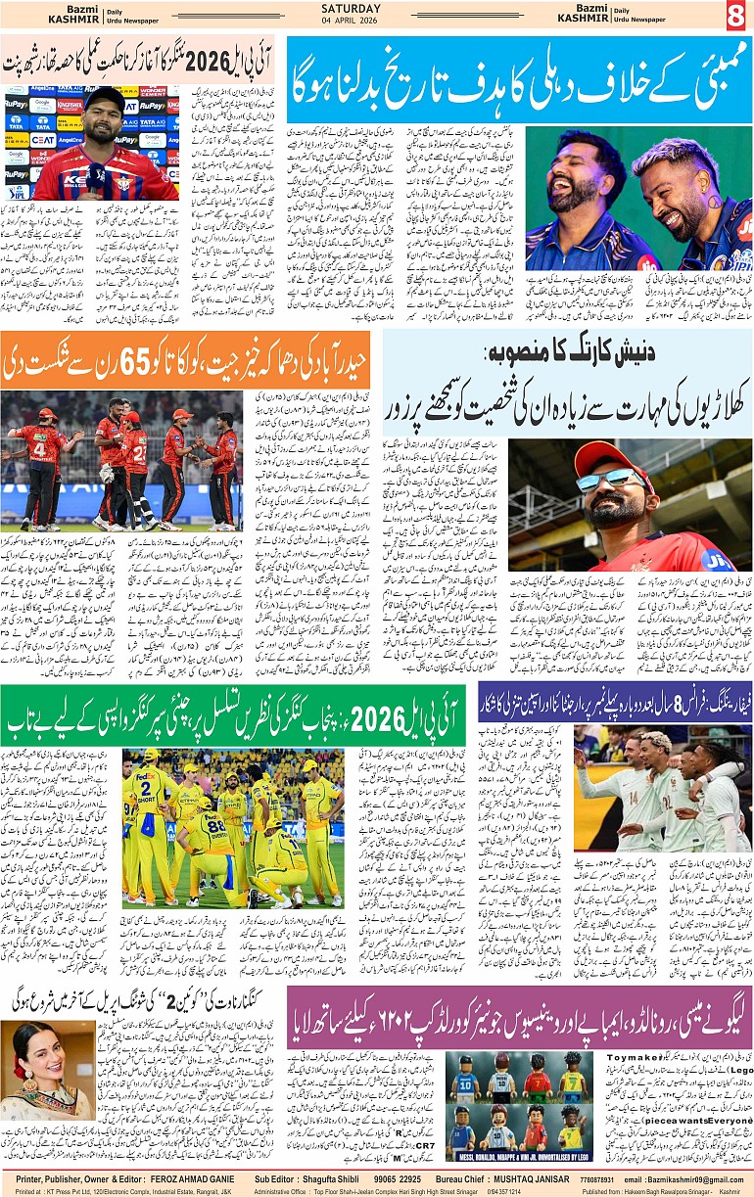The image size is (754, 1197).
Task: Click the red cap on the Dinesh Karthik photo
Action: click(613, 455)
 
